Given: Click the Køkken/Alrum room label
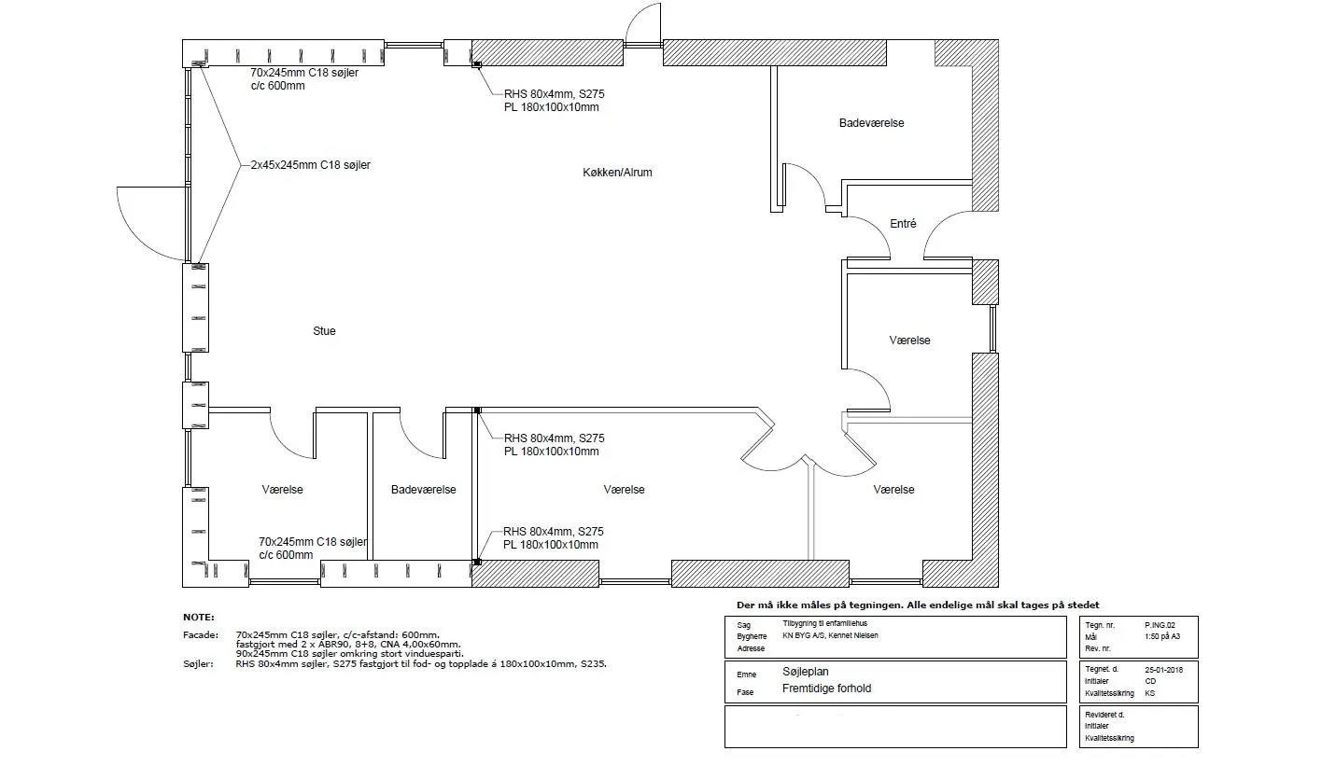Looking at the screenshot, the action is click(617, 173).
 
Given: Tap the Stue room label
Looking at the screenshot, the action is click(324, 331).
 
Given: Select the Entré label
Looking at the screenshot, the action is click(903, 224).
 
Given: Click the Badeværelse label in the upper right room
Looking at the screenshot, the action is click(872, 123).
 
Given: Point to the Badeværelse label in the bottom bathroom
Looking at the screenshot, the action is click(423, 490).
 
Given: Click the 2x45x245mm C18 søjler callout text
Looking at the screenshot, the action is click(311, 165).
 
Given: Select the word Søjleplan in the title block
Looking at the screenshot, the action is click(806, 671).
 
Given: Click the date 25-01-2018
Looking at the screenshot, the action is click(1164, 670).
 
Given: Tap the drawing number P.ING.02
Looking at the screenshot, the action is click(1160, 625).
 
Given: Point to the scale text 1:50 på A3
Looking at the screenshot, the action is click(1162, 636).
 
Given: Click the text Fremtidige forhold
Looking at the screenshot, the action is click(827, 688).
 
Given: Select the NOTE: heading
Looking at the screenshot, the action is click(199, 618).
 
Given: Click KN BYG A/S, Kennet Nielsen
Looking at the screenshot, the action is click(830, 635).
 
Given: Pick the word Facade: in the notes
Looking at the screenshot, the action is click(201, 635).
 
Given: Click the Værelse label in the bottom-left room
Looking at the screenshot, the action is click(282, 490).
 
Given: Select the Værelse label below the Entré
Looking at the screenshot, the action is click(909, 341).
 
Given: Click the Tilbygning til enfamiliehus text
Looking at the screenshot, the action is click(825, 623).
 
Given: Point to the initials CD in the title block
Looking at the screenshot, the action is click(1150, 681).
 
